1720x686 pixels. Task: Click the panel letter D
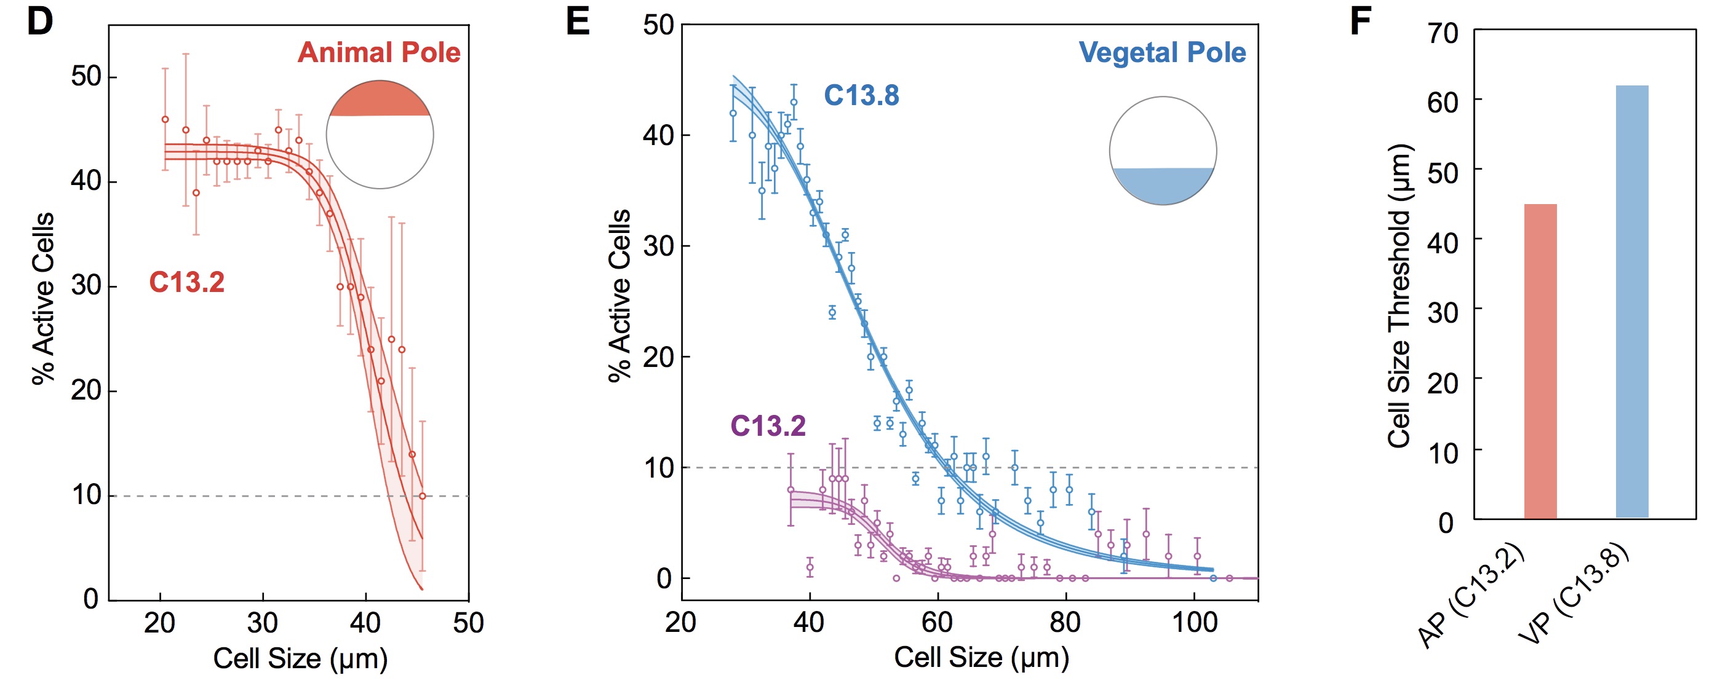(39, 23)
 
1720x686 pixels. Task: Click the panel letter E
(578, 23)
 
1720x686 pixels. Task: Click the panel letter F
(1360, 23)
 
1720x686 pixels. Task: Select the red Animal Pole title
(378, 52)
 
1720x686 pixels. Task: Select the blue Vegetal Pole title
(1162, 52)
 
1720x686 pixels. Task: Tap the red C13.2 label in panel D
(186, 282)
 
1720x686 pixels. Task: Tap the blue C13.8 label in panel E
(861, 95)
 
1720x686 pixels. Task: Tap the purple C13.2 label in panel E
(768, 426)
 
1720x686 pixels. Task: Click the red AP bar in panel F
(1540, 361)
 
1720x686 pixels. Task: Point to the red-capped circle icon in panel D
(380, 135)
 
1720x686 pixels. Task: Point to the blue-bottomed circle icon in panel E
(1163, 151)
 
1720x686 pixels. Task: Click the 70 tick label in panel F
(1443, 33)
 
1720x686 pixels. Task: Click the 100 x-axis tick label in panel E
(1195, 623)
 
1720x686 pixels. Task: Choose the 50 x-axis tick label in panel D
(468, 623)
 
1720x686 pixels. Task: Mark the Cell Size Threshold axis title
(1399, 296)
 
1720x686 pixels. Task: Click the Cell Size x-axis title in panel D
(300, 658)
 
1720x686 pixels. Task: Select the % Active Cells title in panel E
(619, 296)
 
